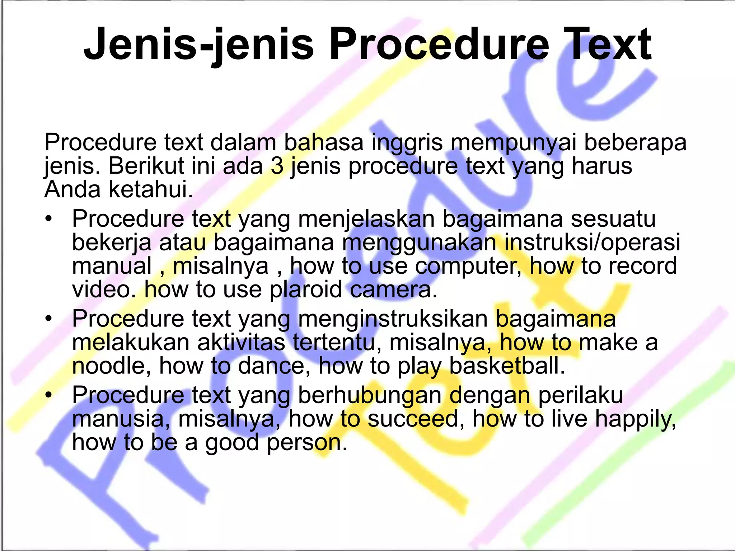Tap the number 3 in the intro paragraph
(x=277, y=166)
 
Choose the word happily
(x=636, y=419)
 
